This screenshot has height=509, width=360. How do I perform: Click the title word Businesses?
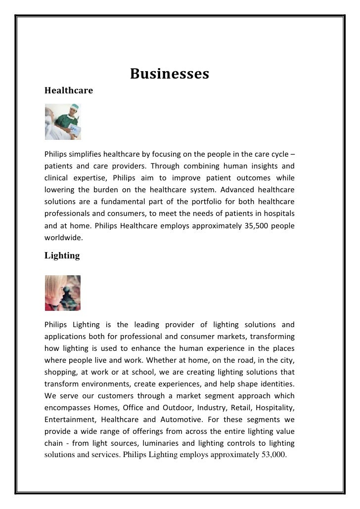pyautogui.click(x=170, y=74)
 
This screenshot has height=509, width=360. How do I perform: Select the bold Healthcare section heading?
pyautogui.click(x=69, y=91)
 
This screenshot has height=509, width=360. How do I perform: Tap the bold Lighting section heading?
pyautogui.click(x=62, y=255)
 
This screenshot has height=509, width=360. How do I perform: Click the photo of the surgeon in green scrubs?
pyautogui.click(x=63, y=122)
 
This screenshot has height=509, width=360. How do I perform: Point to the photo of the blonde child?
pyautogui.click(x=62, y=293)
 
